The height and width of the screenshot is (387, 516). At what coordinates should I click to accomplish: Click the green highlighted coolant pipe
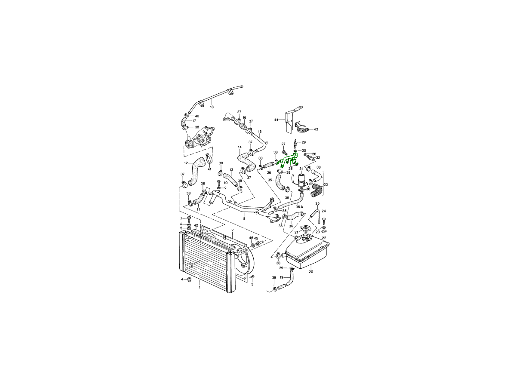[x=289, y=160]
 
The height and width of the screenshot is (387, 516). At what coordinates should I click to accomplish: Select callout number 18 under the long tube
[x=212, y=107]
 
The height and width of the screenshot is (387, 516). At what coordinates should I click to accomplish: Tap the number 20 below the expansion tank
[x=311, y=272]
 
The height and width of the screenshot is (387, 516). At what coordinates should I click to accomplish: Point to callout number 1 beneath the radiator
[x=200, y=287]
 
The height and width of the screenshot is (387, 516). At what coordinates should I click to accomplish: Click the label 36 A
[x=299, y=207]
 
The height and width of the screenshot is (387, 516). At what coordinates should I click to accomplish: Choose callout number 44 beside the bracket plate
[x=276, y=120]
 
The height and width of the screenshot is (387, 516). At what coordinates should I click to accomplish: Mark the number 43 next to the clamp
[x=316, y=129]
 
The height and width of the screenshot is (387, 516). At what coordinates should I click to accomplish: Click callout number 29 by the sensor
[x=304, y=142]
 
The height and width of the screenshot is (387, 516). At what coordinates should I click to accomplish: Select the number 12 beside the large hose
[x=186, y=163]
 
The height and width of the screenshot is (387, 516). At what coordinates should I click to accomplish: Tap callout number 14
[x=240, y=147]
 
